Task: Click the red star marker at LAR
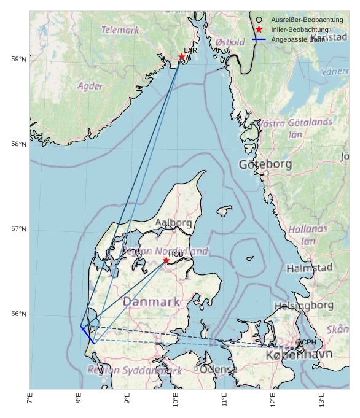coord(182,57)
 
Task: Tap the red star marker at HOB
coord(166,260)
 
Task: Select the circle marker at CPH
coord(299,343)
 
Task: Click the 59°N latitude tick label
coord(19,60)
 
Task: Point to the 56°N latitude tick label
coord(19,314)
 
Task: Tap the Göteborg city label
coord(265,164)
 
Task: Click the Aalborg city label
coord(173,222)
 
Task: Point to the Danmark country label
coord(151,301)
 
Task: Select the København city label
coord(299,355)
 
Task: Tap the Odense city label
coord(218,370)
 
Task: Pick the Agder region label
coord(90,87)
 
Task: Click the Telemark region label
coord(120,29)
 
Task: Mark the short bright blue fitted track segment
coord(87,335)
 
